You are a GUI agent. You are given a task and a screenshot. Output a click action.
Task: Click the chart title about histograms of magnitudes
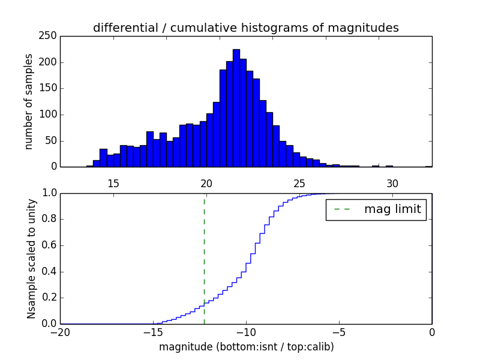click(246, 28)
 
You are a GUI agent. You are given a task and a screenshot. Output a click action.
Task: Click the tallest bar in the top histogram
click(236, 108)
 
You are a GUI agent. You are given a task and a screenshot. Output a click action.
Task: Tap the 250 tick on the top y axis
click(50, 36)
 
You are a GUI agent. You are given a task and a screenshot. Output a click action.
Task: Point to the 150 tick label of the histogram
click(50, 88)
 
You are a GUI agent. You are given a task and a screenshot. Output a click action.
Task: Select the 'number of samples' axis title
click(29, 101)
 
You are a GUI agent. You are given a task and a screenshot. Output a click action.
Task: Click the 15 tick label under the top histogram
click(113, 184)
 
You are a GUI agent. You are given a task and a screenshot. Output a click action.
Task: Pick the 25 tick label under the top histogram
click(299, 184)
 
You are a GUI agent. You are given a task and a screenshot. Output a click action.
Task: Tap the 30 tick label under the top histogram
click(392, 184)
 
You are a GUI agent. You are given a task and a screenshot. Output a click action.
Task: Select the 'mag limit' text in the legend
click(392, 210)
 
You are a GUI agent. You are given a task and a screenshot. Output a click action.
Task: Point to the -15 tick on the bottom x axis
click(153, 332)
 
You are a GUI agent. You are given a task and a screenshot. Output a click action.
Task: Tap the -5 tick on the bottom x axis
click(339, 332)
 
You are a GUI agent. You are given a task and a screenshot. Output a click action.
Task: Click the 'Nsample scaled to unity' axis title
click(32, 258)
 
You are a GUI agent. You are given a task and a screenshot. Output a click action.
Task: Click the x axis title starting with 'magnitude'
click(246, 347)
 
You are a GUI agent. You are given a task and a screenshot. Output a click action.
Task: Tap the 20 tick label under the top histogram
click(206, 184)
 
